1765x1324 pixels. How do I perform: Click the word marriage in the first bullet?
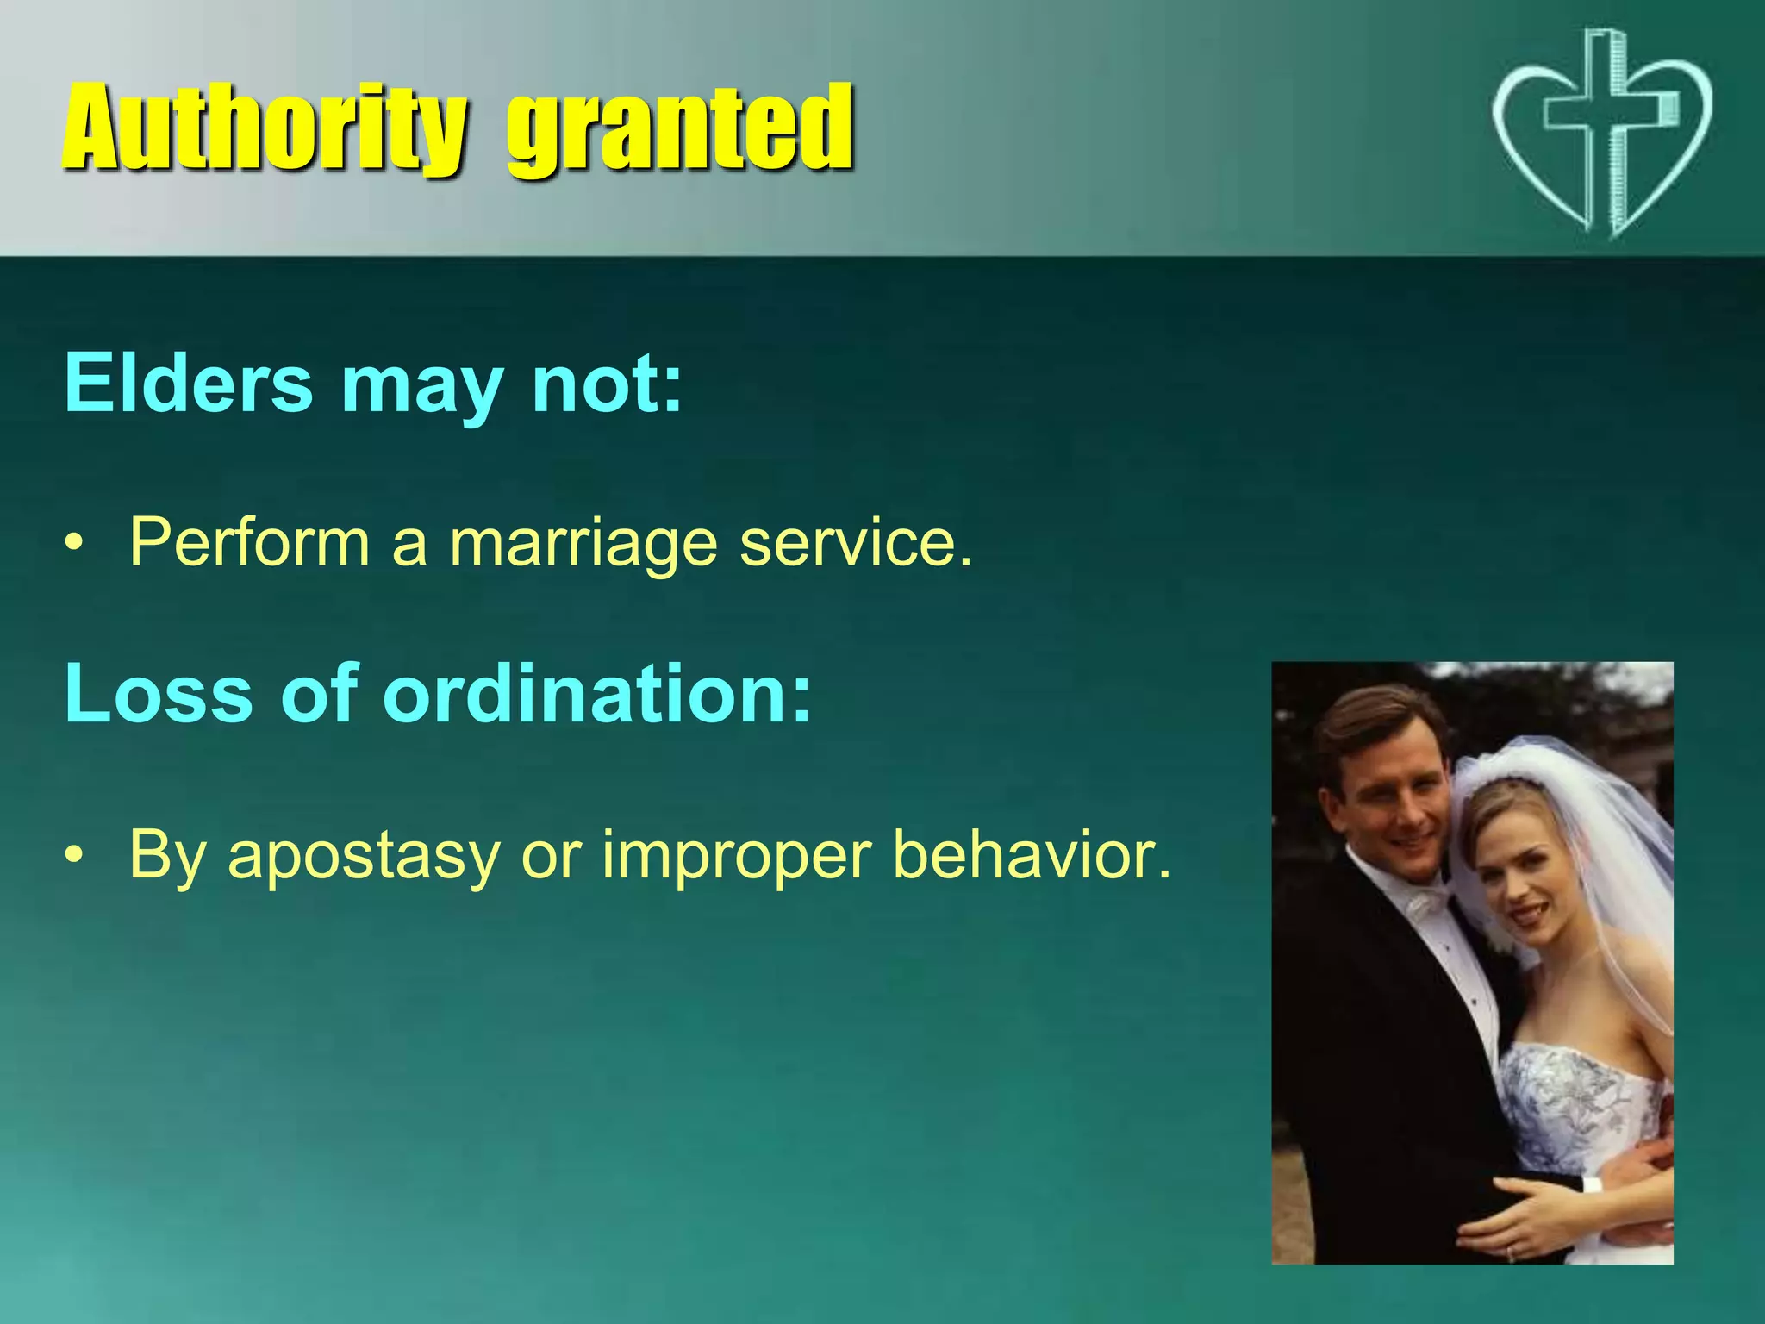583,543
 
